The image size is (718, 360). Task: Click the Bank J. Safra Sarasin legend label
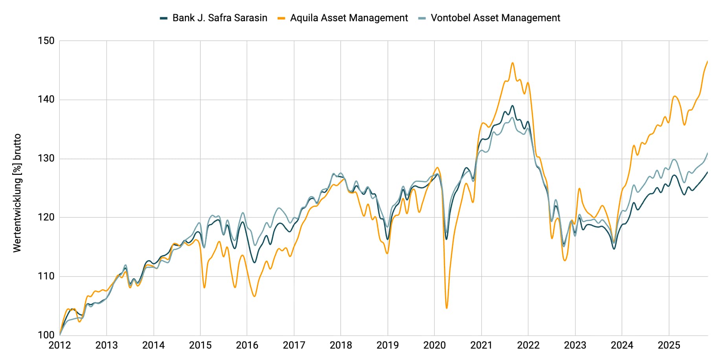coord(219,18)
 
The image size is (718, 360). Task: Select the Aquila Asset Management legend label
coord(349,18)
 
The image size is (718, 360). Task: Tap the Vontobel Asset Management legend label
coord(495,18)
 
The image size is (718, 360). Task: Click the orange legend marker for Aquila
coord(281,18)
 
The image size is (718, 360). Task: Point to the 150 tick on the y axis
coord(46,41)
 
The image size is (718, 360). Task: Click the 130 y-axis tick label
coord(46,159)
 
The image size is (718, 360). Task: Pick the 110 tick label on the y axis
coord(46,276)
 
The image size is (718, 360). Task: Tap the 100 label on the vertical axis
coord(46,335)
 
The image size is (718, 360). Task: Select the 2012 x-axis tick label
coord(59,345)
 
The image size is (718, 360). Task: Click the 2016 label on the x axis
coord(247,345)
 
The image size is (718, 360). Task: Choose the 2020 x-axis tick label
coord(434,345)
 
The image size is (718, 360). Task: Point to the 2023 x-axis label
coord(575,345)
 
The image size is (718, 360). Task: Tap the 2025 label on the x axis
coord(668,345)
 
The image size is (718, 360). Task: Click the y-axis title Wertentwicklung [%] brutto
coord(17,193)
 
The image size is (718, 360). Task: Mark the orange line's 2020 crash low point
coord(447,308)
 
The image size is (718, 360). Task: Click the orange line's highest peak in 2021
coord(512,63)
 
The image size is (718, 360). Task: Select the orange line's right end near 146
coord(707,62)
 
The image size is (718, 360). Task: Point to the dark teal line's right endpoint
coord(707,172)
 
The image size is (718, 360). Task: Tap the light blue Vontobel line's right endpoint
coord(707,153)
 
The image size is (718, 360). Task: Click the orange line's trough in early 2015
coord(204,288)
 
